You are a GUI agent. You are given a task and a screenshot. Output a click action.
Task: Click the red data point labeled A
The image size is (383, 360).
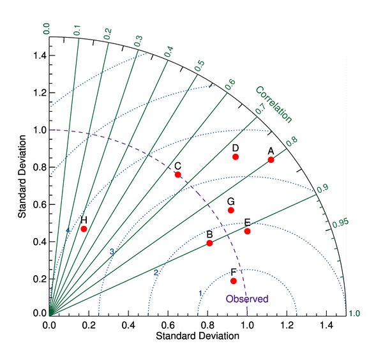pos(271,160)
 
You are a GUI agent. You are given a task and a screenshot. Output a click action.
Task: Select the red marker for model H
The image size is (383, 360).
pos(84,229)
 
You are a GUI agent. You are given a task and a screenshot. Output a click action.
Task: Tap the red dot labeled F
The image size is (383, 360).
pos(234,281)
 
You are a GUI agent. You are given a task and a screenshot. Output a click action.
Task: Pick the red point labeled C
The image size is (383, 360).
pos(178,174)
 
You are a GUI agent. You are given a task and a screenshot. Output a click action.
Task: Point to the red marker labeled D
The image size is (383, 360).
pos(236,156)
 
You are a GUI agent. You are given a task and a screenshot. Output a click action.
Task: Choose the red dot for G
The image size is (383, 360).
pos(231,210)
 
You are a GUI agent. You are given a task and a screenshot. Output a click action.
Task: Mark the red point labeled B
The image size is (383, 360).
pos(209,243)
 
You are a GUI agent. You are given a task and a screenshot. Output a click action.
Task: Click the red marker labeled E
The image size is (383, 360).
pos(247,231)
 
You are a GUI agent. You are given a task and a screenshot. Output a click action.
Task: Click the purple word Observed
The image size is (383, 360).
pos(247,299)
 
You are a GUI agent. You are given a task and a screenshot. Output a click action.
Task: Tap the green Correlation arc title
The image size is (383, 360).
pos(274,104)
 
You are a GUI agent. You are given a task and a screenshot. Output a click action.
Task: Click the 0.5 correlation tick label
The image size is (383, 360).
pos(200,64)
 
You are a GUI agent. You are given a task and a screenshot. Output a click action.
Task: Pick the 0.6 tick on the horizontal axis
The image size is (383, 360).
pos(168,325)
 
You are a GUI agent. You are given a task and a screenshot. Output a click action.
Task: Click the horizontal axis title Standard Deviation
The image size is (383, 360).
pos(197,336)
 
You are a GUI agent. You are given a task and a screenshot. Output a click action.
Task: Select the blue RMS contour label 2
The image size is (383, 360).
pos(155,273)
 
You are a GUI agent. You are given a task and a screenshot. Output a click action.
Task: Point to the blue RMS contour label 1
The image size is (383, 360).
pos(200,293)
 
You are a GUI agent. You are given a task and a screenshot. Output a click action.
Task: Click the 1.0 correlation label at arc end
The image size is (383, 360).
pos(354,313)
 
